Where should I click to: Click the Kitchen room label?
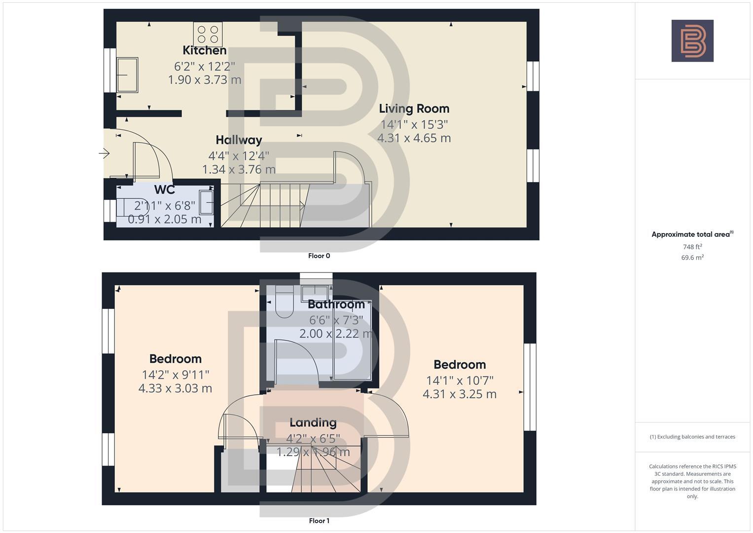coord(204,50)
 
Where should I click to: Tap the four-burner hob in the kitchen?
coord(208,35)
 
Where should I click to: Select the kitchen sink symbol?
coord(127,75)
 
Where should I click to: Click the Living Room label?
coord(414,109)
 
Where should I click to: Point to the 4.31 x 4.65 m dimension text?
coord(414,138)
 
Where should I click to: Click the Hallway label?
coord(239,140)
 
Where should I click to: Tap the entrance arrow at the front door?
coord(104,153)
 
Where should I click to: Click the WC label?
coord(164,190)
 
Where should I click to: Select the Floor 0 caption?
coord(319,256)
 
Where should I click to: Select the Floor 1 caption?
coord(319,521)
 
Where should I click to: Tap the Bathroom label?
coord(336,305)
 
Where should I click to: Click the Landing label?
coord(313,422)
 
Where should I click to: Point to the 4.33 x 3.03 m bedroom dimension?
coord(175,388)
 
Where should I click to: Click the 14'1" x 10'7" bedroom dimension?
coord(460,381)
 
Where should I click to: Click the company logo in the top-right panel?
coord(692,41)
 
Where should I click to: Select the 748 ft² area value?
coord(692,247)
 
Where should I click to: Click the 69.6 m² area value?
coord(692,258)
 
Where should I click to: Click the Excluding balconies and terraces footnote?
coord(692,437)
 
